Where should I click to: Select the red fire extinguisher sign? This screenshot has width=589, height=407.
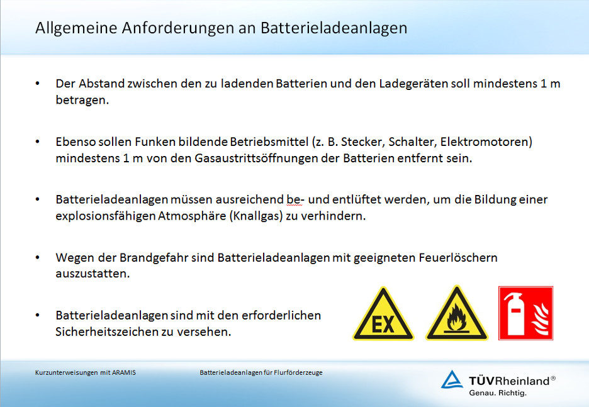pos(525,313)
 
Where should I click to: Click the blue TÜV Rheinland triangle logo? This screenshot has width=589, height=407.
pos(452,379)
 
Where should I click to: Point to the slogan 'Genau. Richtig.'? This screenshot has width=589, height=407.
pos(498,393)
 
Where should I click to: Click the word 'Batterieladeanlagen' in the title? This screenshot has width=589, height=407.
pos(334,28)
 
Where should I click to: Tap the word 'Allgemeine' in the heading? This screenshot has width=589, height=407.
pos(76,28)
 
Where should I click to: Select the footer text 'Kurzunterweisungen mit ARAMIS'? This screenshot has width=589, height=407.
pos(86,373)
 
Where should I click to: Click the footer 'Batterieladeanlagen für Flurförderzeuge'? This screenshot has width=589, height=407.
pos(261,373)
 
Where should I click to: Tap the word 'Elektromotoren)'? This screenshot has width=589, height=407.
pos(486,142)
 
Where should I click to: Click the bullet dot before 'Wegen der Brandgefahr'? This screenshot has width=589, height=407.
pos(38,257)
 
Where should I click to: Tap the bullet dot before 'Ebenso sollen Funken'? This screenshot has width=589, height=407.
pos(38,142)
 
